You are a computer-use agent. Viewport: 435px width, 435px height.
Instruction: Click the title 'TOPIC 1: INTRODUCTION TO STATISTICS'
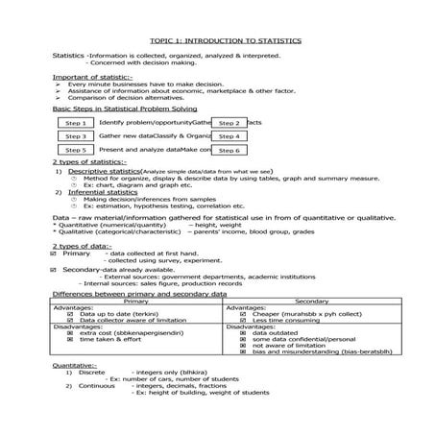tap(226, 42)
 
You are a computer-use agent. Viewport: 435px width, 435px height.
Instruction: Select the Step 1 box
tap(75, 123)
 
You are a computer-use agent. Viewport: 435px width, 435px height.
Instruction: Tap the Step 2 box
tap(229, 123)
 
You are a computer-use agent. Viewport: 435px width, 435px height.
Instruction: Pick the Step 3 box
tap(75, 136)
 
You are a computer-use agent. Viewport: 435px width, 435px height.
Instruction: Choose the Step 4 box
tap(229, 136)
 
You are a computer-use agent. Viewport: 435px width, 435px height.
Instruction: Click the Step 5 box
tap(75, 150)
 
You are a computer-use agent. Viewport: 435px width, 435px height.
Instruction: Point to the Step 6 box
tap(229, 150)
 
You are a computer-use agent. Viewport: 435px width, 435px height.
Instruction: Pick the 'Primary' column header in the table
tap(137, 301)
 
